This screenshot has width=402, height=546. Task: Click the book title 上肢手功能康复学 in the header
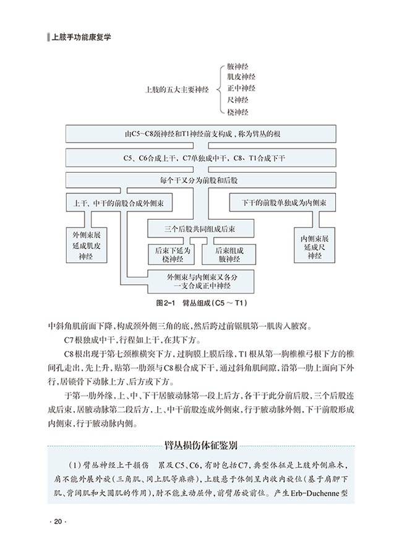[81, 37]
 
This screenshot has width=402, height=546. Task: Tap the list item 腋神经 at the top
[237, 66]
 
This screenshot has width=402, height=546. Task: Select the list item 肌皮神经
[241, 77]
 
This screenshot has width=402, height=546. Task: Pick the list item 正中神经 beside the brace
[241, 88]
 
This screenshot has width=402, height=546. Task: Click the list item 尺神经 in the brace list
[237, 100]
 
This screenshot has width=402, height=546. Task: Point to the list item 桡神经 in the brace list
[237, 112]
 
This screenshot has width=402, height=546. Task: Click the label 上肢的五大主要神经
[177, 90]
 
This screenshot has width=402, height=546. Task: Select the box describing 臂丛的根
[201, 134]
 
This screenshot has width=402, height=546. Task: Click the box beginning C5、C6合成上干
[201, 158]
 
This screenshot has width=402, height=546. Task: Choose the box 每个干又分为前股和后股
[201, 180]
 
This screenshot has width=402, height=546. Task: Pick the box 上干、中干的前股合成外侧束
[119, 202]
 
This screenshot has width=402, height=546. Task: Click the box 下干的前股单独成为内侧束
[283, 202]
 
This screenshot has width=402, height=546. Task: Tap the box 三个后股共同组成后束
[200, 229]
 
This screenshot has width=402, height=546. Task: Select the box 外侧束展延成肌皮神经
[87, 246]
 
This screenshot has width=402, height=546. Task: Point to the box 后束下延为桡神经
[173, 254]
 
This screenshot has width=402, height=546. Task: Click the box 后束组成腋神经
[229, 254]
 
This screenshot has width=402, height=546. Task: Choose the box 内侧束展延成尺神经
[314, 246]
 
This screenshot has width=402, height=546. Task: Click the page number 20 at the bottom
[58, 521]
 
